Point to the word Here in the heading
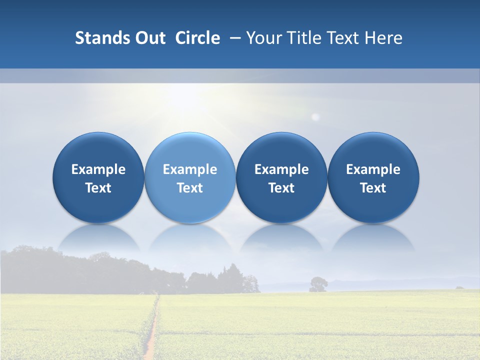pyautogui.click(x=383, y=38)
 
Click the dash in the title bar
pyautogui.click(x=234, y=38)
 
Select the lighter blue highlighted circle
pyautogui.click(x=190, y=150)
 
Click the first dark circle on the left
pyautogui.click(x=98, y=150)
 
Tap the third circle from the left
pyautogui.click(x=281, y=150)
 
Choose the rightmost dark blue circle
pyautogui.click(x=373, y=150)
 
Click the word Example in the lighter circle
pyautogui.click(x=190, y=169)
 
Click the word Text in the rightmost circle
pyautogui.click(x=373, y=188)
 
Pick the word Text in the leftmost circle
pyautogui.click(x=98, y=188)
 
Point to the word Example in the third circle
pyautogui.click(x=281, y=169)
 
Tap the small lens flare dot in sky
pyautogui.click(x=315, y=117)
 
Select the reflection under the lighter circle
pyautogui.click(x=190, y=237)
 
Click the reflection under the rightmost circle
pyautogui.click(x=373, y=237)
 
